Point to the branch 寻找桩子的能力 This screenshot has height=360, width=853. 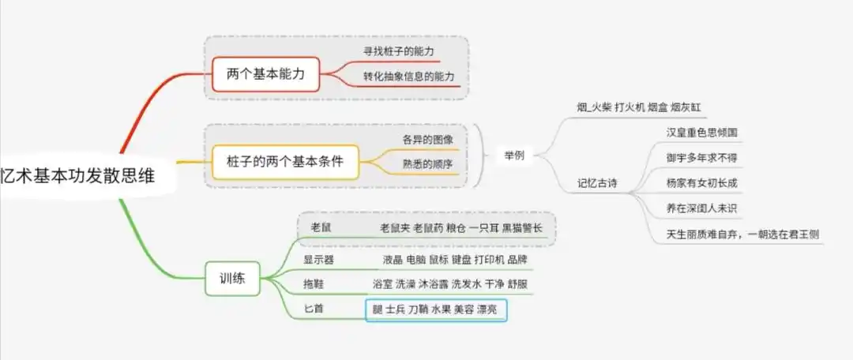(400, 51)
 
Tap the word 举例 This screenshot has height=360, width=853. (514, 155)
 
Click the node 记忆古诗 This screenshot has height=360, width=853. (597, 184)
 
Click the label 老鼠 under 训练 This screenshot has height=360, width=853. (321, 227)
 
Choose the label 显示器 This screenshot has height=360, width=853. (318, 258)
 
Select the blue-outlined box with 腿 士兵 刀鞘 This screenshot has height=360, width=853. (435, 310)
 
